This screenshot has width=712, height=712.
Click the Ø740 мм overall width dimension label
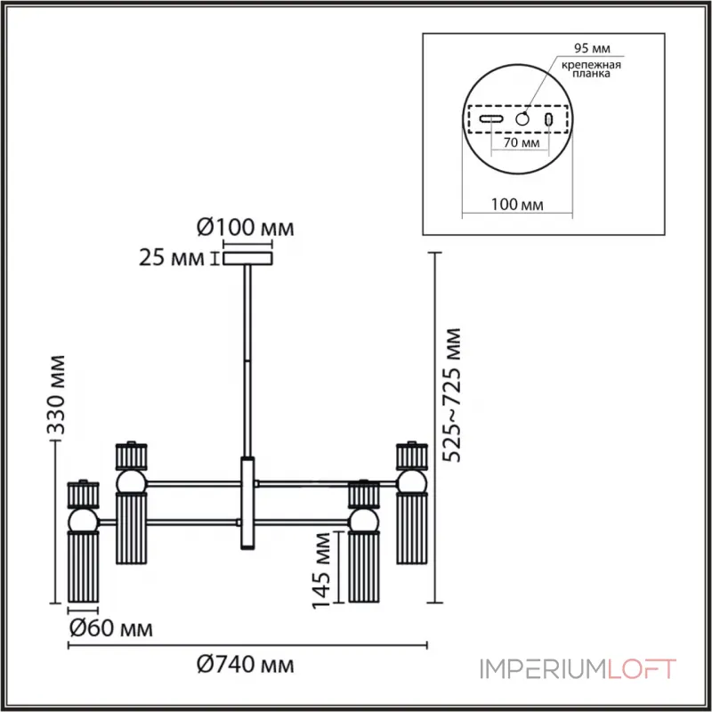click(246, 665)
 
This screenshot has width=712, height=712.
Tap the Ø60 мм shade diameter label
click(111, 628)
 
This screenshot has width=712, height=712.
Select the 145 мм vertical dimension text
click(321, 570)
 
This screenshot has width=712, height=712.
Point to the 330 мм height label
click(57, 395)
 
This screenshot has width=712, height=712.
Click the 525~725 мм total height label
click(452, 395)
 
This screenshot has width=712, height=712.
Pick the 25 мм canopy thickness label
click(171, 258)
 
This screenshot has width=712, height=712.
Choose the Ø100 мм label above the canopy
click(246, 228)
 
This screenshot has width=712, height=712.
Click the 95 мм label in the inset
click(592, 48)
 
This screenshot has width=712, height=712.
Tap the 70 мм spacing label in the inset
click(522, 142)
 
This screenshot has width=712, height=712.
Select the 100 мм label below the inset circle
click(517, 205)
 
